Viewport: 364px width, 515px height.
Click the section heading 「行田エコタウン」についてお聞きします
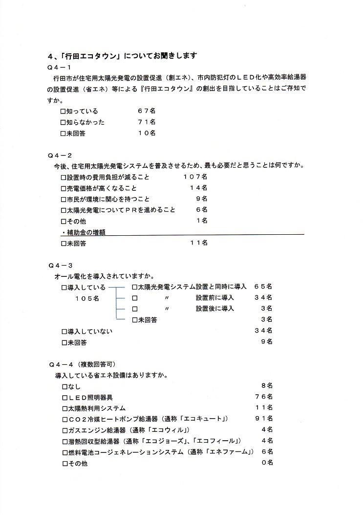[x=123, y=55]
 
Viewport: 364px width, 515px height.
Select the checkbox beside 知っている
[x=64, y=112]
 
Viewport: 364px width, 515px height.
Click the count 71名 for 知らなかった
[x=147, y=122]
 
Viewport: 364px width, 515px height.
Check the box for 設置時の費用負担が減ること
[x=64, y=177]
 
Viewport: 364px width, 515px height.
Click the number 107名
[x=195, y=177]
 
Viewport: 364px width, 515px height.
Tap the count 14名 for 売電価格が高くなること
[x=198, y=188]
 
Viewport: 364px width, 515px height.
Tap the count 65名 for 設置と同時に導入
[x=263, y=287]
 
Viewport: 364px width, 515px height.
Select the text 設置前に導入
[x=215, y=297]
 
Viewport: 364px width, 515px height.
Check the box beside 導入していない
[x=64, y=332]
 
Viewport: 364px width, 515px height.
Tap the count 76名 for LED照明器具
[x=263, y=397]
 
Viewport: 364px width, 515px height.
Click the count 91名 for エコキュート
[x=263, y=419]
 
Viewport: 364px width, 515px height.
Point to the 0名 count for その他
[x=267, y=463]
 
